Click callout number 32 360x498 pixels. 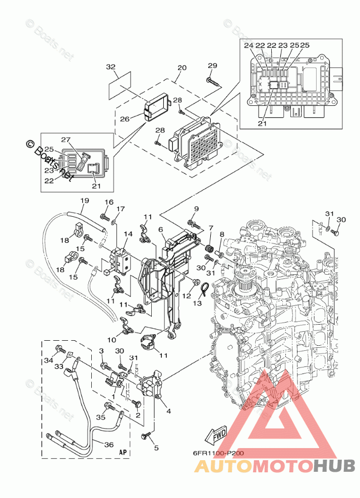coord(111,67)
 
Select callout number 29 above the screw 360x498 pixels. coord(212,66)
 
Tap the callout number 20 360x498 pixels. coord(182,68)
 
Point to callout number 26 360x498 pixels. coord(125,119)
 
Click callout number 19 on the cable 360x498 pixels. coord(84,201)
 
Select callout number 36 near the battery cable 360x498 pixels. coord(109,445)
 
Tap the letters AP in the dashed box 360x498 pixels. coord(123,452)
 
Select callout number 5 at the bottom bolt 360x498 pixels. coord(156,448)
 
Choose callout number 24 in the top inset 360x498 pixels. coord(248,45)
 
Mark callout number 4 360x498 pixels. coord(168,411)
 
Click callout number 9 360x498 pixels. coord(196,209)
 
